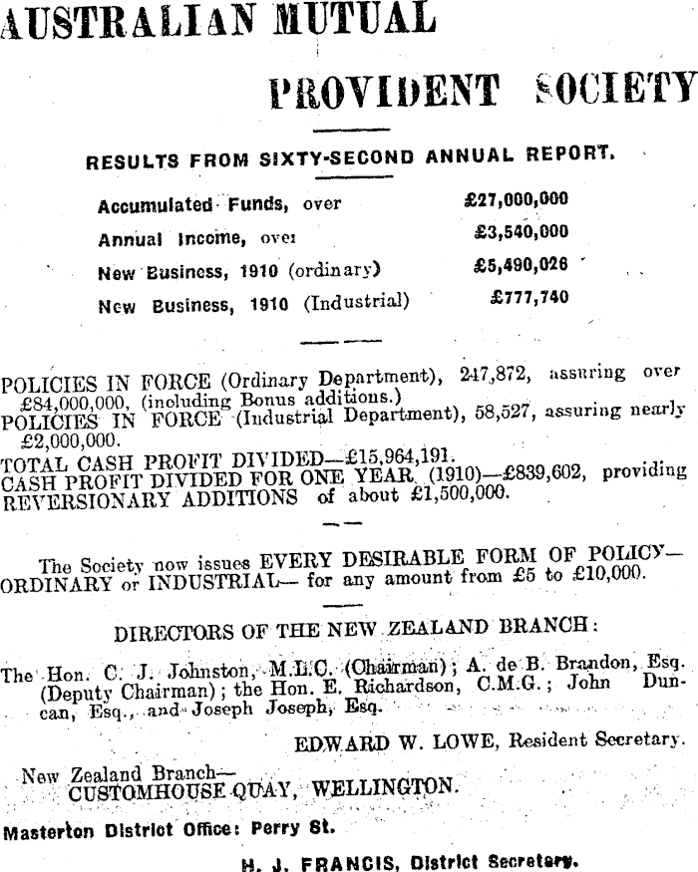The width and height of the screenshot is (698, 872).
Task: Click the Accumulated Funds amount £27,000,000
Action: point(517,199)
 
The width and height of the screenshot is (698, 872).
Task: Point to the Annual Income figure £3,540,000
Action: point(522,232)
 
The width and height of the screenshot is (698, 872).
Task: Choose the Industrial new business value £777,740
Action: point(529,298)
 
